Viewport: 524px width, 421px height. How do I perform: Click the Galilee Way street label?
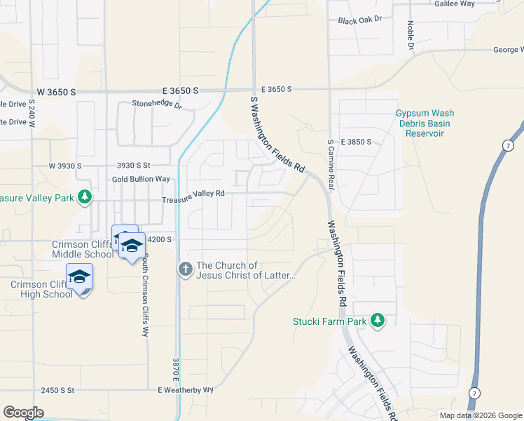pos(476,4)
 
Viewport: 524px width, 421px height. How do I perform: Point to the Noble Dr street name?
pos(411,35)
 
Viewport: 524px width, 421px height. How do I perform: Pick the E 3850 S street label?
pos(355,142)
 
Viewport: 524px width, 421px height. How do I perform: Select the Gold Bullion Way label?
pos(141,180)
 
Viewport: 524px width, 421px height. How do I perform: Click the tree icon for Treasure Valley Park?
pos(85,197)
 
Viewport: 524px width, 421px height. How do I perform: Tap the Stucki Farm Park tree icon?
pos(378,321)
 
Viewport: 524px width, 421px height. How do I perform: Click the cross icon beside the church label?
pos(186,269)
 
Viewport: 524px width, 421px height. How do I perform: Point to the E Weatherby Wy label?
pos(185,390)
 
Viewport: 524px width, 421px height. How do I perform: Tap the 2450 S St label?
pos(57,390)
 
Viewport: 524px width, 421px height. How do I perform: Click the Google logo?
pos(23,413)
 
